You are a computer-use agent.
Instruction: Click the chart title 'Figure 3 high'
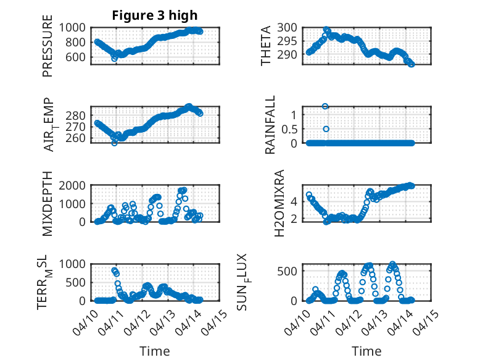(x=155, y=15)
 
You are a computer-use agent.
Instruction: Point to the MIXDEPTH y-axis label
(x=48, y=204)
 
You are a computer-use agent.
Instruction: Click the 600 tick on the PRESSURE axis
(x=79, y=57)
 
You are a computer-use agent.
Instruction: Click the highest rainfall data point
(x=325, y=106)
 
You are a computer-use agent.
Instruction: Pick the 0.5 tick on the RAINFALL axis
(x=289, y=129)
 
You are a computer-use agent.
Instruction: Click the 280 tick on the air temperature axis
(x=79, y=115)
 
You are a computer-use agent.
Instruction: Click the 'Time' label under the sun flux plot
(x=366, y=351)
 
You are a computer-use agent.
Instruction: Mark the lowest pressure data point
(x=115, y=58)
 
